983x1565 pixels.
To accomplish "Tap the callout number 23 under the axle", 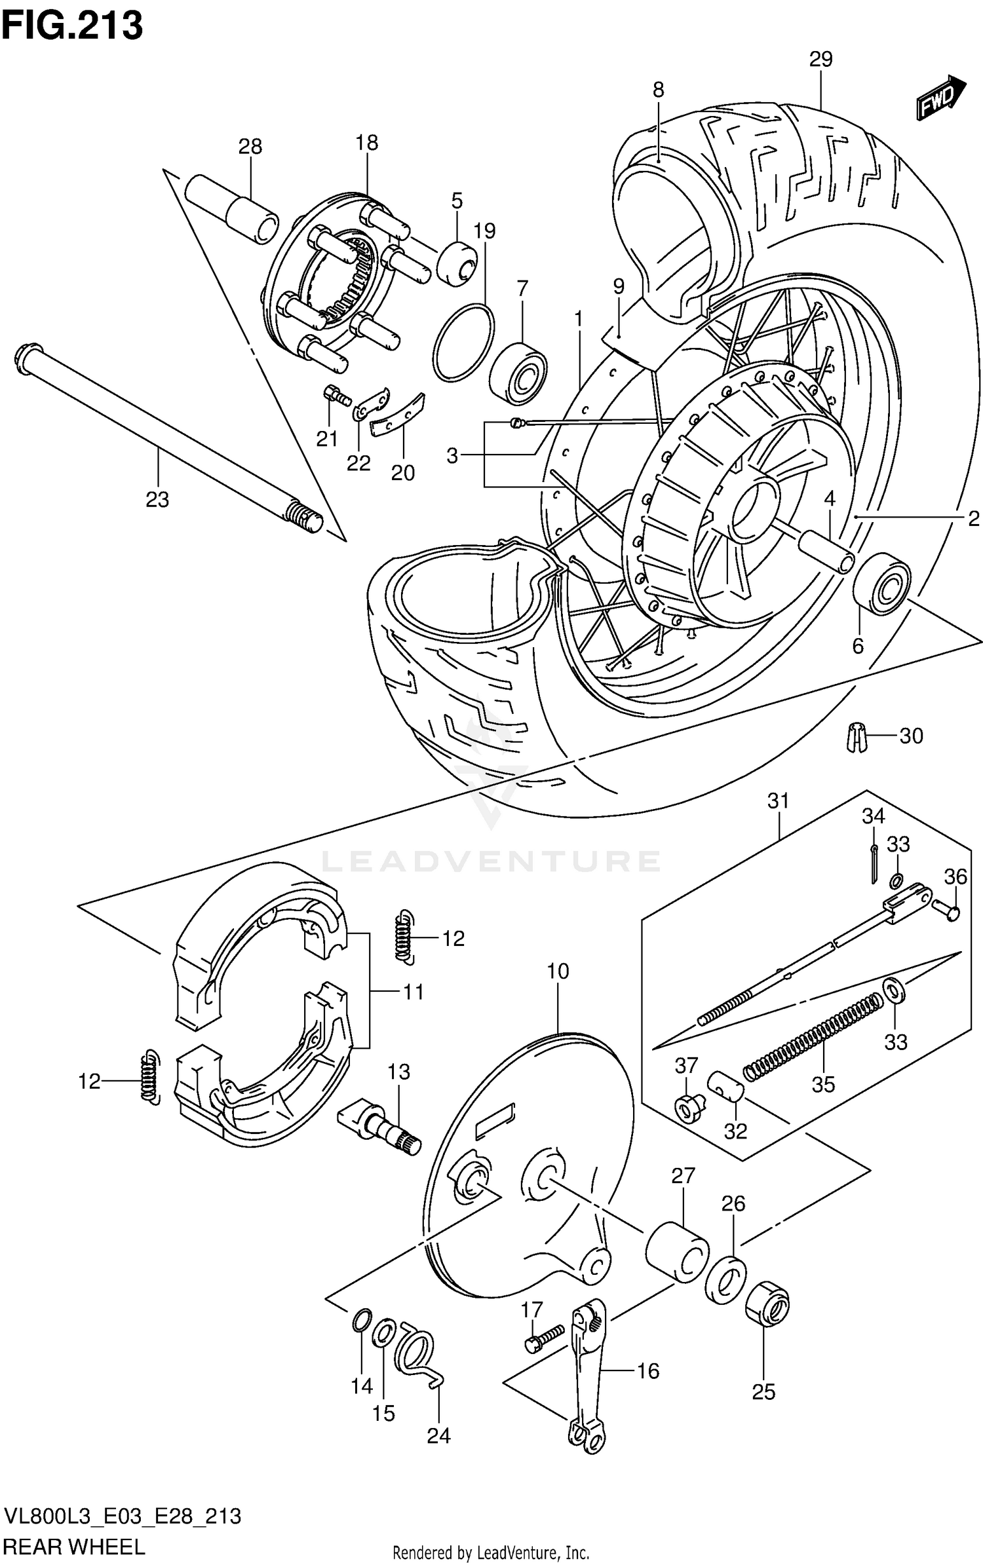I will click(157, 500).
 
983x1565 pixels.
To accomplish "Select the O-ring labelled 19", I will click(463, 341).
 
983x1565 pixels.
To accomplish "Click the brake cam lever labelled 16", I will click(588, 1366).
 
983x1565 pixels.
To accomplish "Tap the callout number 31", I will click(779, 801).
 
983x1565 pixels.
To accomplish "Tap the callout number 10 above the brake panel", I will click(558, 971).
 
